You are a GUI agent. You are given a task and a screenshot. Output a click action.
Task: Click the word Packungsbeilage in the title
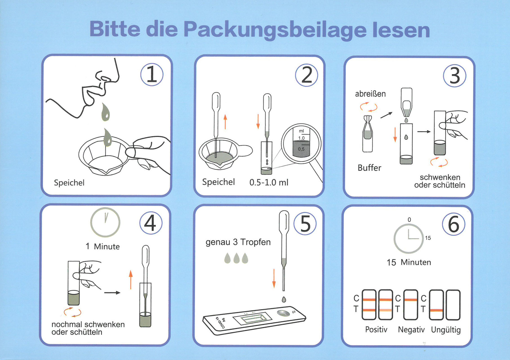pyautogui.click(x=275, y=30)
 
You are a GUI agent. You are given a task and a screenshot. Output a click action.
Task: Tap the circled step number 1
pyautogui.click(x=152, y=75)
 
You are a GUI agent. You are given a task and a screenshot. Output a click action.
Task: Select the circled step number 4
pyautogui.click(x=151, y=223)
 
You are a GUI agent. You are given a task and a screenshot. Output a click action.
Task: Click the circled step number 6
pyautogui.click(x=453, y=224)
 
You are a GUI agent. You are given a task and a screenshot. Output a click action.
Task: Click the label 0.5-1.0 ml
pyautogui.click(x=269, y=183)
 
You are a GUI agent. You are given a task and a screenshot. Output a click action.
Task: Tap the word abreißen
pyautogui.click(x=370, y=94)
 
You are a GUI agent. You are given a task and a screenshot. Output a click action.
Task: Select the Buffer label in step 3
pyautogui.click(x=369, y=168)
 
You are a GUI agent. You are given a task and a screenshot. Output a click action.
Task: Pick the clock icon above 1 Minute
pyautogui.click(x=105, y=222)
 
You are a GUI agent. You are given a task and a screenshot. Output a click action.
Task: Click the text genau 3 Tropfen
pyautogui.click(x=238, y=242)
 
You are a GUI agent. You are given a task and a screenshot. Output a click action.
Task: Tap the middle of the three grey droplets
pyautogui.click(x=236, y=258)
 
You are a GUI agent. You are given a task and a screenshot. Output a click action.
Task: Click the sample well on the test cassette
pyautogui.click(x=283, y=313)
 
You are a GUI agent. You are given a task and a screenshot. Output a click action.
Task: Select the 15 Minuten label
pyautogui.click(x=409, y=262)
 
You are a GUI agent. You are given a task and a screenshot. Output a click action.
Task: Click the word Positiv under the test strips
pyautogui.click(x=376, y=329)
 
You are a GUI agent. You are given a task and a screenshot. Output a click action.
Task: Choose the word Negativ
pyautogui.click(x=411, y=329)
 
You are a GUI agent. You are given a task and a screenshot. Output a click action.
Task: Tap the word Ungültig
pyautogui.click(x=446, y=330)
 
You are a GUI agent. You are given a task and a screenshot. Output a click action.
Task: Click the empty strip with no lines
pyautogui.click(x=453, y=305)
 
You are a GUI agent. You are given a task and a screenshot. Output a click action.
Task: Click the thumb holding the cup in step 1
pyautogui.click(x=131, y=153)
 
